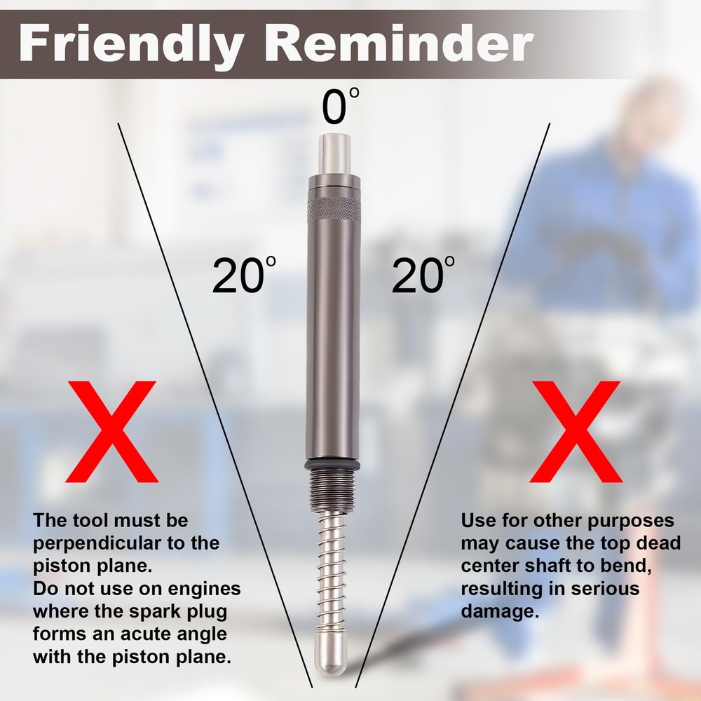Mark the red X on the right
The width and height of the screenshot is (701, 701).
point(576,430)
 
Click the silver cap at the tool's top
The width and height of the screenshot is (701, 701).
point(334,156)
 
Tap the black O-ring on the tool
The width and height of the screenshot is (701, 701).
point(333,465)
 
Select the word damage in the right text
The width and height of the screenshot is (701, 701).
point(498,611)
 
